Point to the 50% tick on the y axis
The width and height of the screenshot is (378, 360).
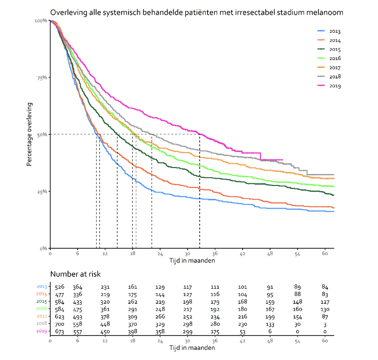42,134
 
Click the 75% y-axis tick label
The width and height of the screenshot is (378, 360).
42,78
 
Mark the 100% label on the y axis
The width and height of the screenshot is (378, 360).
41,21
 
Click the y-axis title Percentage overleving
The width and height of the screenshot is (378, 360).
29,134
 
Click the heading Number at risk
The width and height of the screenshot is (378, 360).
75,274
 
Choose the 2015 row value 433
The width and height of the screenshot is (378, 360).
78,302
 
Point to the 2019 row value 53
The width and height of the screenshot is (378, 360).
243,331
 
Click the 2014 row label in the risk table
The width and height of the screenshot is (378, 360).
42,294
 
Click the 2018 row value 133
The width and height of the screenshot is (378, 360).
270,324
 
